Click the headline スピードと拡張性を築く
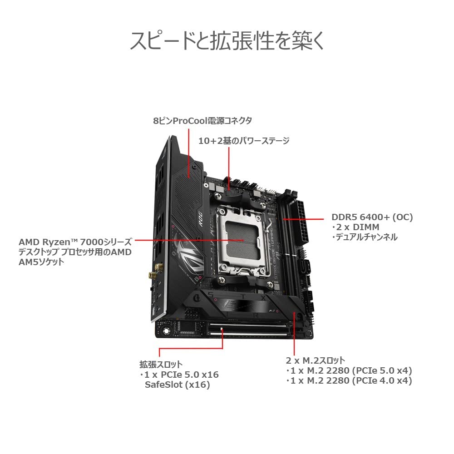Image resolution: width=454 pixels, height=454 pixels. (x=227, y=41)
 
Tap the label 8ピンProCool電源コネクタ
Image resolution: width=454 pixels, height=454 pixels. (x=202, y=121)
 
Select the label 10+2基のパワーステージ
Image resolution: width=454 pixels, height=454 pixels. (x=244, y=141)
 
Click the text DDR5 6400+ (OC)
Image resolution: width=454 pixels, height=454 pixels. (x=372, y=217)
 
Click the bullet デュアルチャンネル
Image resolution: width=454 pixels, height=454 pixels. (x=364, y=237)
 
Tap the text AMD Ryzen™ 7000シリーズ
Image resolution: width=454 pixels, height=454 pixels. (x=75, y=242)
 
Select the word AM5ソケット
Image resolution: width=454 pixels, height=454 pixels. (x=41, y=262)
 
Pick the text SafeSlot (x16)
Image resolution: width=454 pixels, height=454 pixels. (x=177, y=385)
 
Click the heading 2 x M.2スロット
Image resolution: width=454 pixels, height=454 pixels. (x=316, y=360)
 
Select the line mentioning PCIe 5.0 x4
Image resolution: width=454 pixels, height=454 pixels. (x=349, y=370)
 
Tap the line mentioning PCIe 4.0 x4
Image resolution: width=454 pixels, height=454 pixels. (x=349, y=381)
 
